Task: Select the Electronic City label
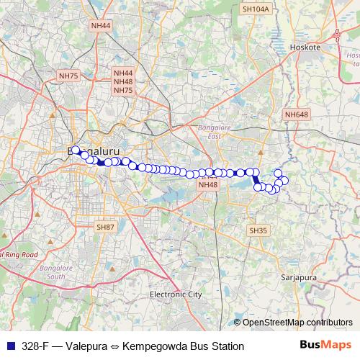click(176, 294)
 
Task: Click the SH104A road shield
click(256, 9)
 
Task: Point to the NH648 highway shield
click(296, 114)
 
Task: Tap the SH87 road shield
click(105, 227)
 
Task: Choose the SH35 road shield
click(258, 230)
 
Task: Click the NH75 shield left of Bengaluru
click(68, 75)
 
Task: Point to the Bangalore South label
click(55, 271)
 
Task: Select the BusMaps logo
click(325, 345)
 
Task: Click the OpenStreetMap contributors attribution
click(297, 322)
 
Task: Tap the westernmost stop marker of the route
click(75, 150)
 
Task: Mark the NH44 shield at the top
click(101, 25)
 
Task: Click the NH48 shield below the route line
click(207, 185)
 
